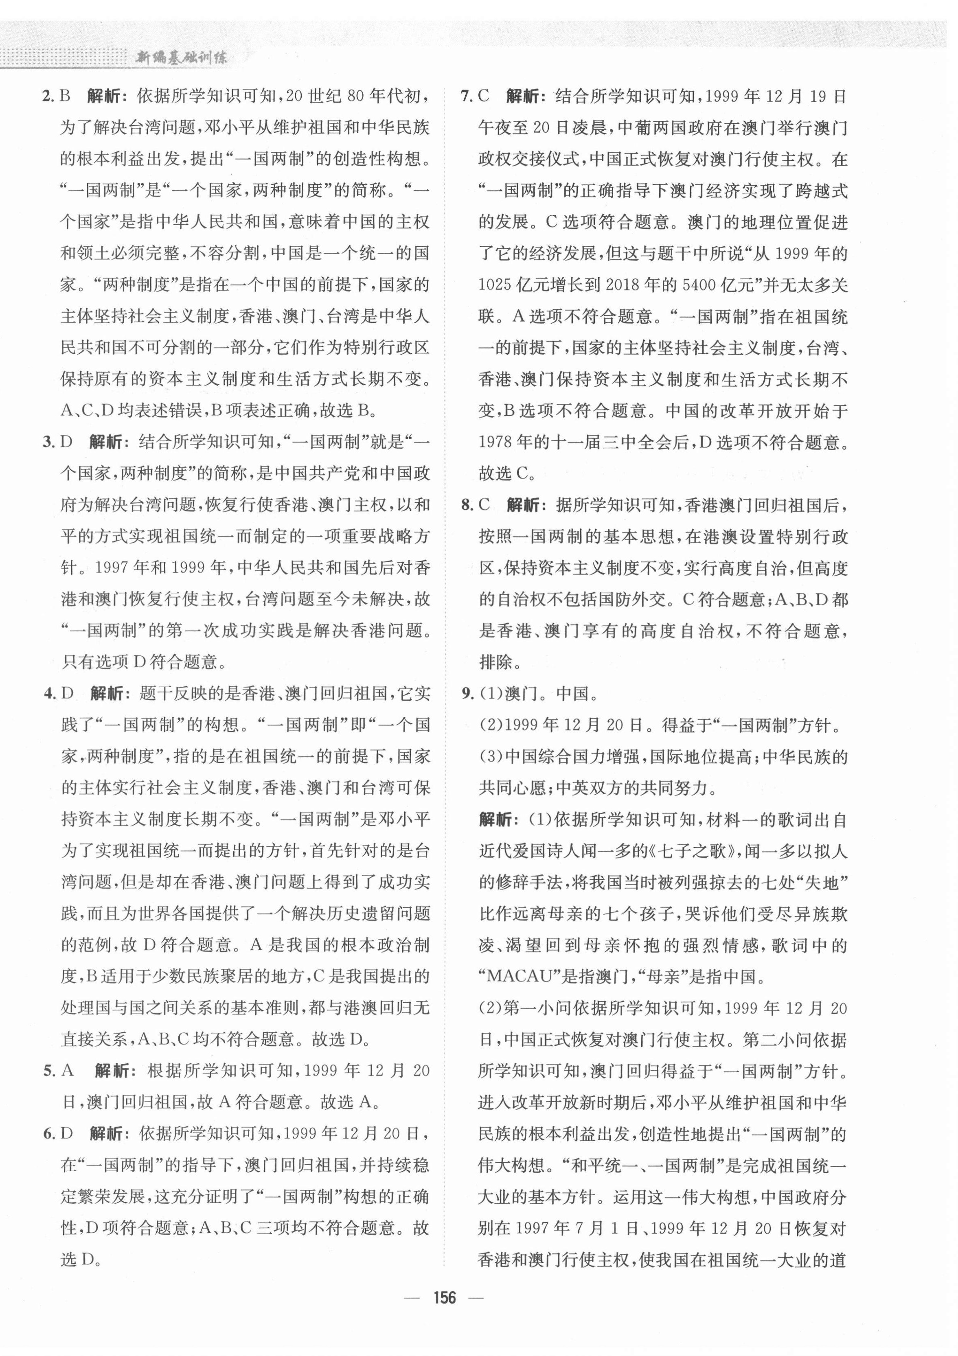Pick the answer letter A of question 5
pyautogui.click(x=67, y=1071)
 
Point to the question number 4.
pyautogui.click(x=50, y=694)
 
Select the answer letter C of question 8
pyautogui.click(x=484, y=506)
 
